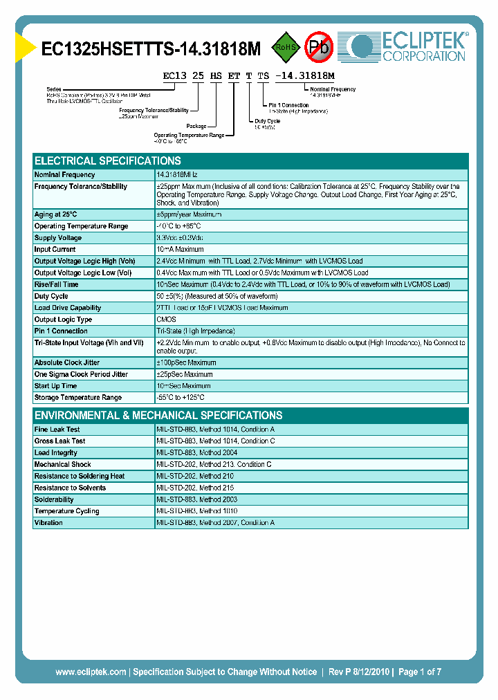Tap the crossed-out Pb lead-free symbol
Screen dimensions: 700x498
pos(319,47)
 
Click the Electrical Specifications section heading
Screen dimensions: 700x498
pos(107,160)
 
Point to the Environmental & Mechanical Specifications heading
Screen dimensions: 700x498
pos(158,416)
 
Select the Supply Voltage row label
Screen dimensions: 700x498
pos(59,238)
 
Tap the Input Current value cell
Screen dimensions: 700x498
pos(180,250)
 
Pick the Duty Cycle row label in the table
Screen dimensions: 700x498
pos(51,296)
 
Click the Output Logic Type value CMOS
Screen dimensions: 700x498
pos(167,320)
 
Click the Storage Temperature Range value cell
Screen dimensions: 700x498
pos(181,398)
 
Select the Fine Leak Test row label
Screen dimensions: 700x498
pos(57,430)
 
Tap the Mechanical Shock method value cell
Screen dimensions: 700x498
pos(214,465)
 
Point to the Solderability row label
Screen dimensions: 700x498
pos(54,499)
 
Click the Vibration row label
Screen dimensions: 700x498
pos(48,523)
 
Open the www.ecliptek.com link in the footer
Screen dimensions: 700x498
pos(91,672)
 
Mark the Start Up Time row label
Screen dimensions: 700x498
pos(55,386)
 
